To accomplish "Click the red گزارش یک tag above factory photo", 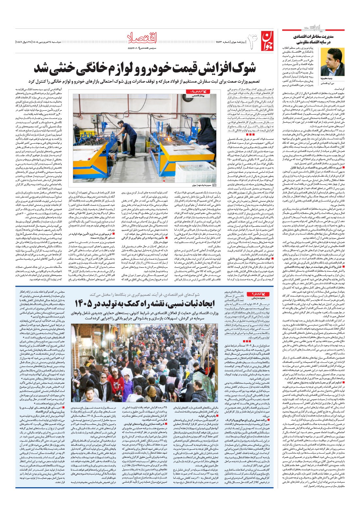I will pos(198,92).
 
